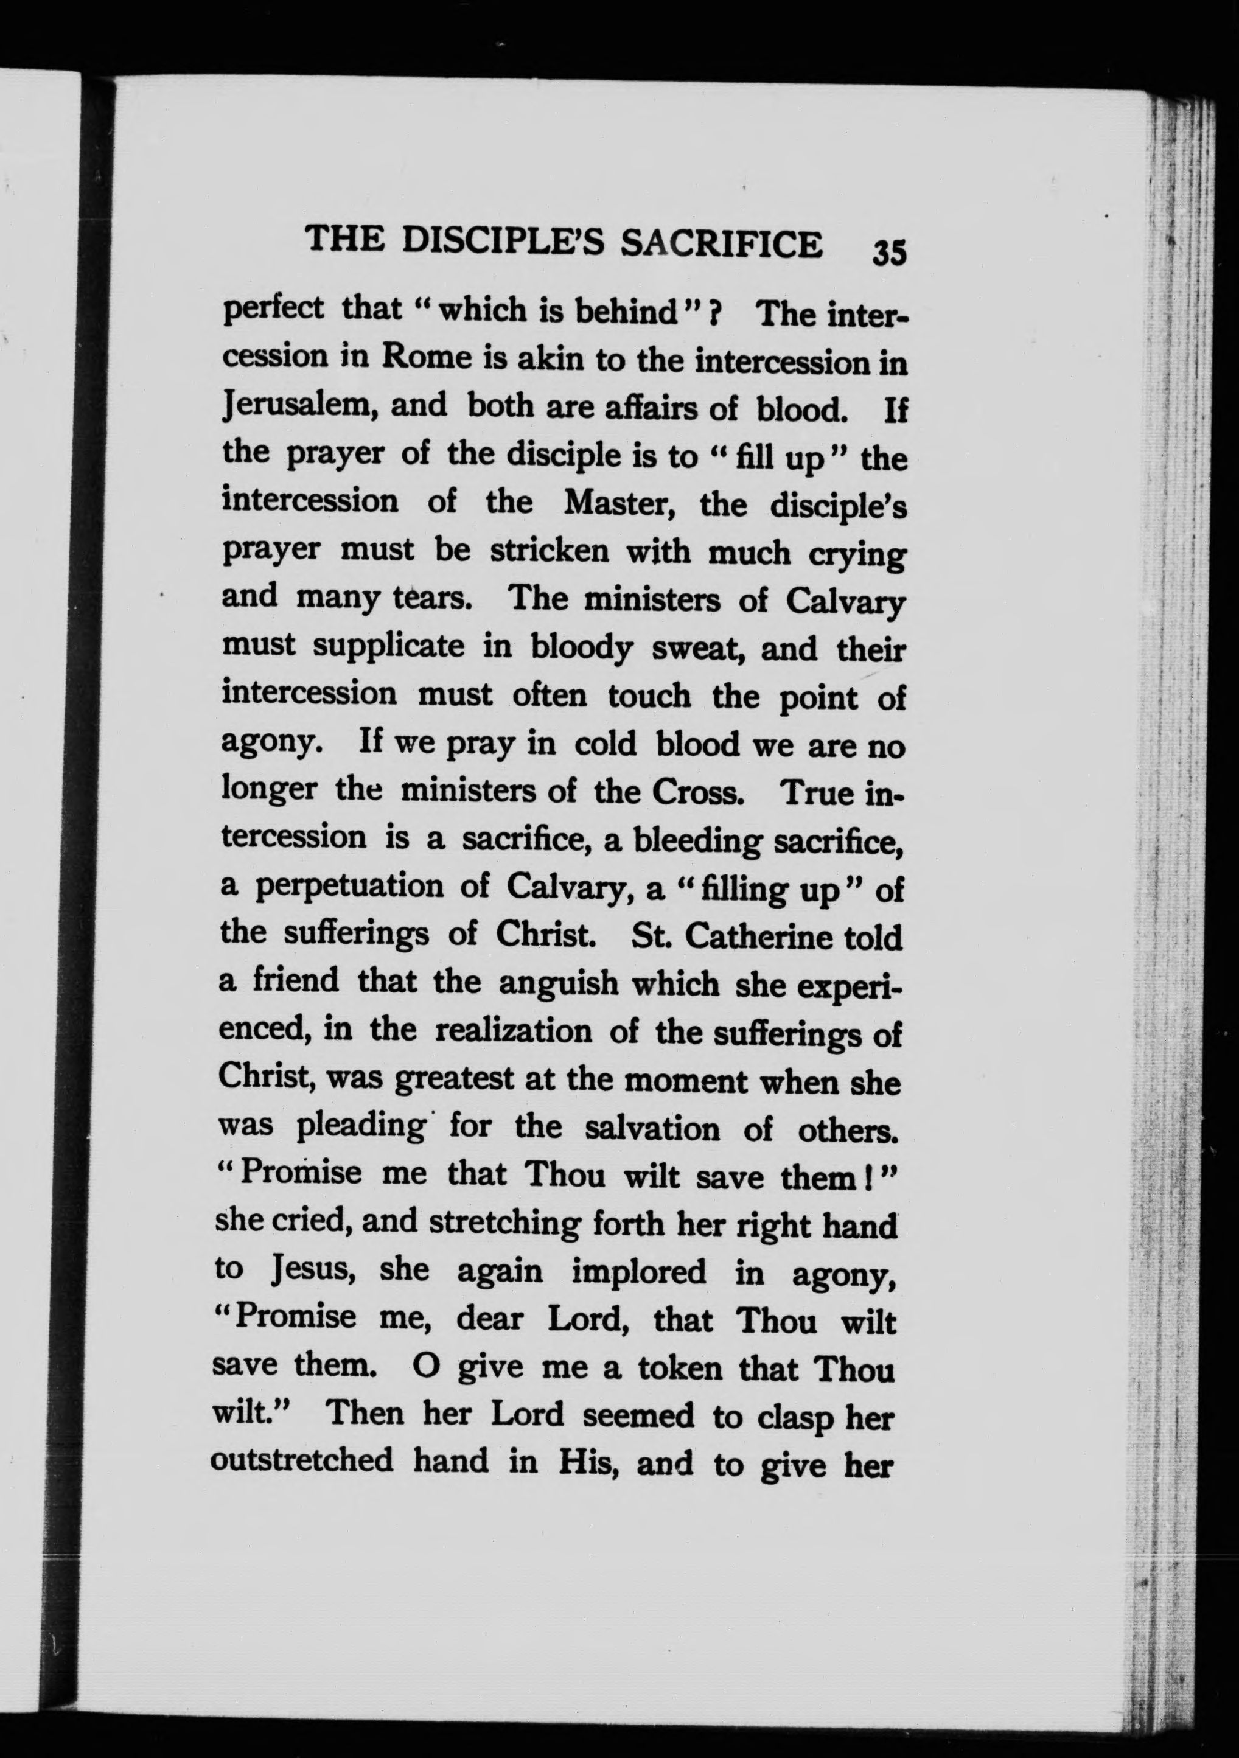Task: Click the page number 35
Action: [889, 251]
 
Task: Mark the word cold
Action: [605, 744]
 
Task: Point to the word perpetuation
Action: [350, 887]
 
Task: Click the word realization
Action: [514, 1031]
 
